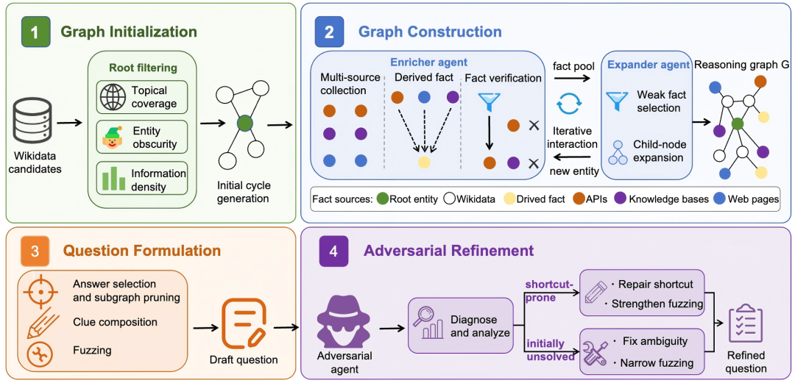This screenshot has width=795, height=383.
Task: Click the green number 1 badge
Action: (35, 32)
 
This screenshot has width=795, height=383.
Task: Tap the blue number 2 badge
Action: (329, 32)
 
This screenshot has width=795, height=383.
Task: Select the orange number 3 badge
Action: (35, 250)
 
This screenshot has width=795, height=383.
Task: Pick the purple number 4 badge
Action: (332, 250)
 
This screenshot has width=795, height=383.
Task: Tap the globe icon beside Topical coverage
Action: (111, 97)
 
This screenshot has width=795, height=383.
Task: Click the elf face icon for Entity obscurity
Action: (111, 137)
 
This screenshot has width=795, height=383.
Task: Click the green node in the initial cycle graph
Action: (244, 123)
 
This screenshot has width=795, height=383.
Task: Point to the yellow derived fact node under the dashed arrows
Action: (425, 162)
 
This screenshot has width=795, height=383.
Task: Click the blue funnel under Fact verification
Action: (489, 102)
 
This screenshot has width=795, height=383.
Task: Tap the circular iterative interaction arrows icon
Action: (568, 104)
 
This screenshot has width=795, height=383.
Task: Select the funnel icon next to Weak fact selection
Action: (617, 101)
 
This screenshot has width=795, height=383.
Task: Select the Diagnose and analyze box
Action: (460, 325)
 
